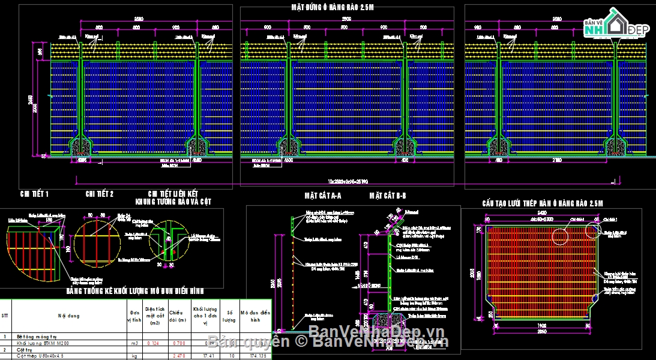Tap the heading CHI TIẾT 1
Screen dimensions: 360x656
34,194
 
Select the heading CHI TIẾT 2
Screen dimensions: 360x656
99,194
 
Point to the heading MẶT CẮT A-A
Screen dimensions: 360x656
323,196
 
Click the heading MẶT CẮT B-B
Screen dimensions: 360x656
388,196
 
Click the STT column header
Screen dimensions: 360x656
5,315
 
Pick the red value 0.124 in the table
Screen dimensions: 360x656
151,343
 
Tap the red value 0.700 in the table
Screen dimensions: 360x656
176,343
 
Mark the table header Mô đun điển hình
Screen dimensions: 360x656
255,315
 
